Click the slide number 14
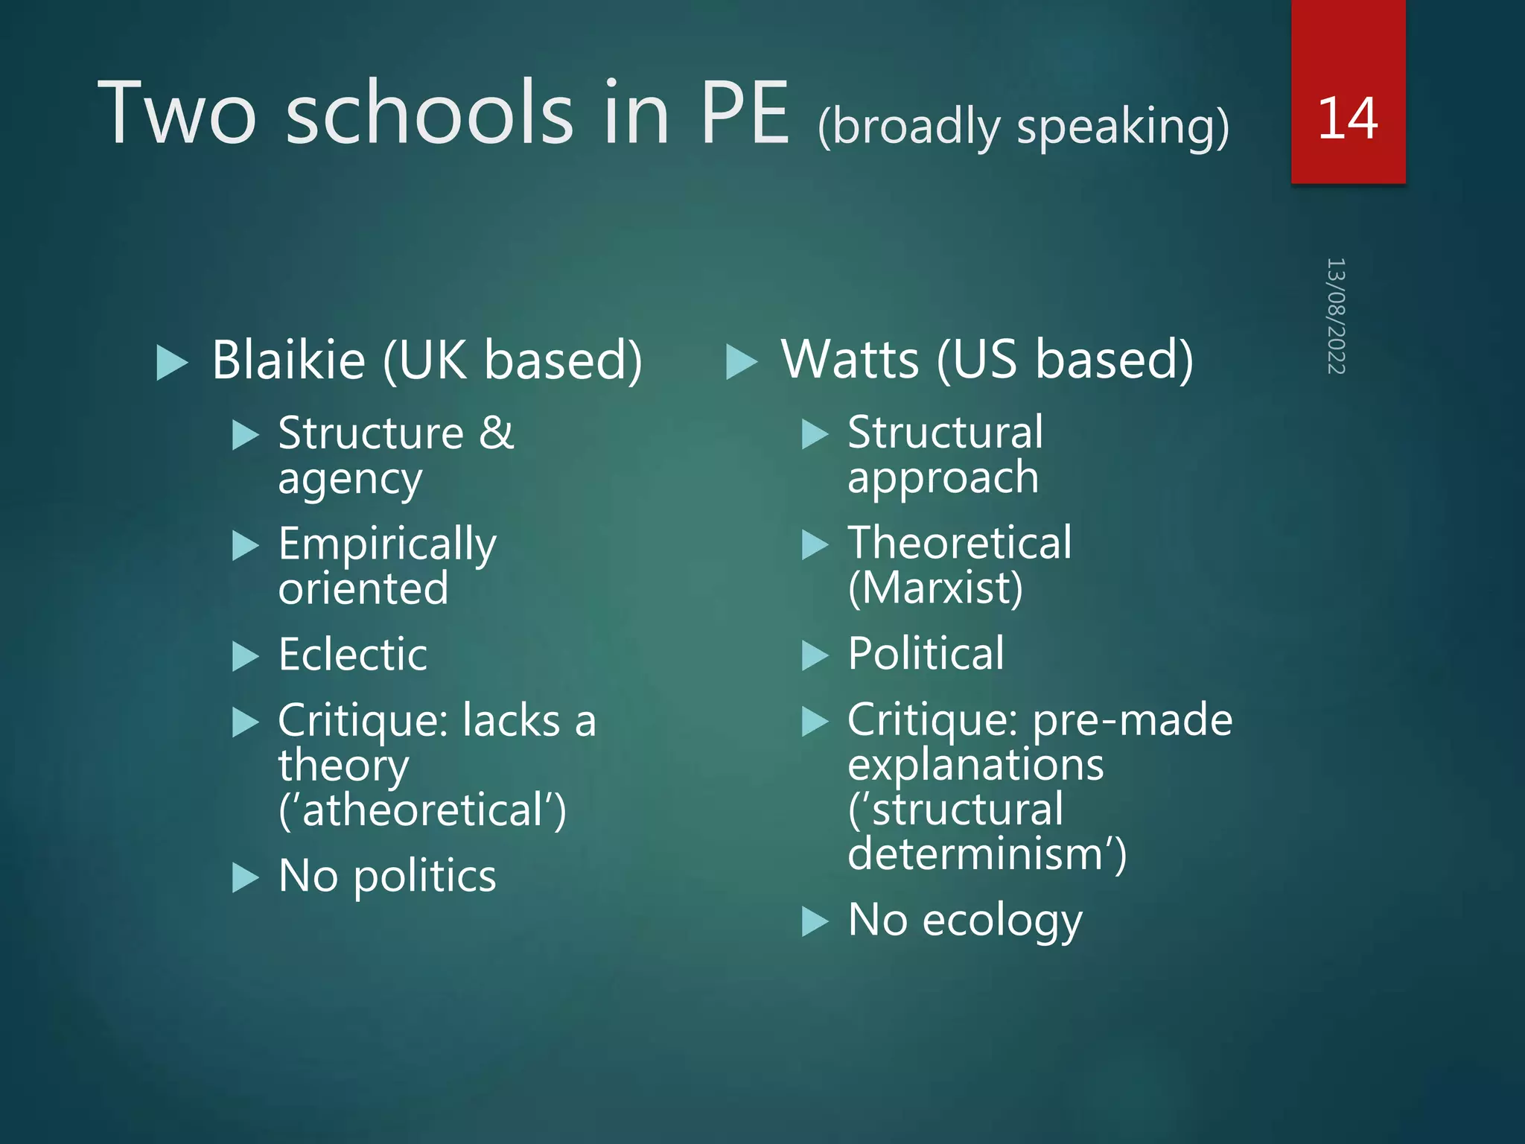(1347, 118)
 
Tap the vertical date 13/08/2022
(1336, 316)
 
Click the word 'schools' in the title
(430, 113)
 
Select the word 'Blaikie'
(289, 360)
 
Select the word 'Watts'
(850, 360)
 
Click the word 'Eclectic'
(353, 655)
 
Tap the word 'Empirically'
(387, 544)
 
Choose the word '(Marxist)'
(935, 588)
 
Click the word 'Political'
(926, 654)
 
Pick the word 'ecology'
(1002, 921)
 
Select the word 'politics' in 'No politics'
(424, 877)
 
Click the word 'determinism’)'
(987, 854)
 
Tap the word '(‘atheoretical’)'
(422, 810)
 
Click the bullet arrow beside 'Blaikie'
(172, 363)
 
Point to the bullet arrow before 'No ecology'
(815, 922)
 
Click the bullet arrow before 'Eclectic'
(245, 656)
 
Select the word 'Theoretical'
(960, 543)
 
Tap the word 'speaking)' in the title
(1123, 127)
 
